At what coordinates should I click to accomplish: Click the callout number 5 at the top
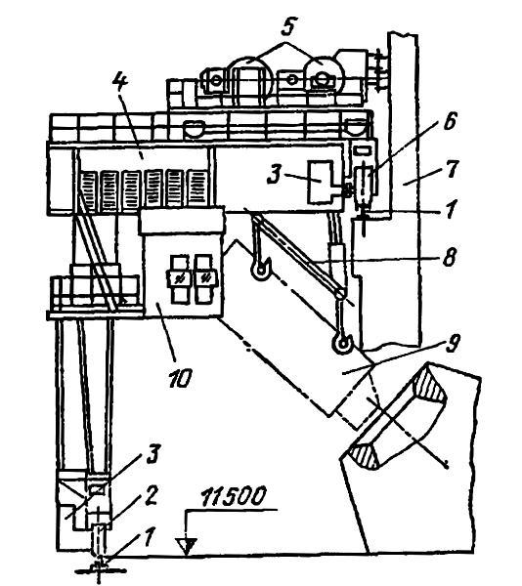[x=287, y=26]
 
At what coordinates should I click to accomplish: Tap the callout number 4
[x=121, y=85]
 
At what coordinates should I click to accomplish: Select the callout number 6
[x=449, y=121]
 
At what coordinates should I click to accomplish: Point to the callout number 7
[x=452, y=169]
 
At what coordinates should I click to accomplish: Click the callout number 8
[x=449, y=257]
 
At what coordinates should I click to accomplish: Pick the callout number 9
[x=453, y=343]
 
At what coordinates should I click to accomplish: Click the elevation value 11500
[x=234, y=496]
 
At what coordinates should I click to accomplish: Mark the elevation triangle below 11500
[x=187, y=546]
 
